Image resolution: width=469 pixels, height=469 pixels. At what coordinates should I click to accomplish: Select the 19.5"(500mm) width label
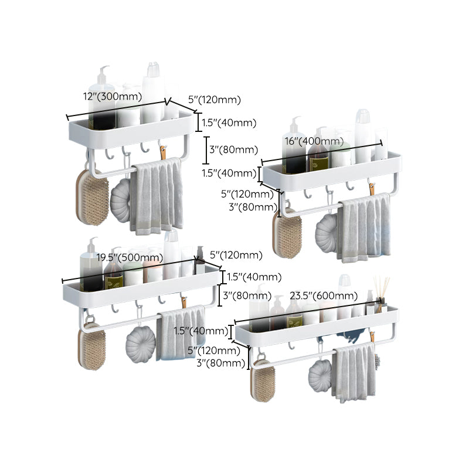click(130, 257)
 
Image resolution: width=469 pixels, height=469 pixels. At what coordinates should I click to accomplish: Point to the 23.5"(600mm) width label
click(323, 295)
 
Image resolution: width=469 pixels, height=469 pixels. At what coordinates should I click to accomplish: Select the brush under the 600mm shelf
click(263, 380)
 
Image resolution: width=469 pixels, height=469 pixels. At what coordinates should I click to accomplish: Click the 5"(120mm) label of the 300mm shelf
click(215, 100)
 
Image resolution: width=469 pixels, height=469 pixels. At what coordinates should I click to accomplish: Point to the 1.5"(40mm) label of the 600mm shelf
click(201, 331)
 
